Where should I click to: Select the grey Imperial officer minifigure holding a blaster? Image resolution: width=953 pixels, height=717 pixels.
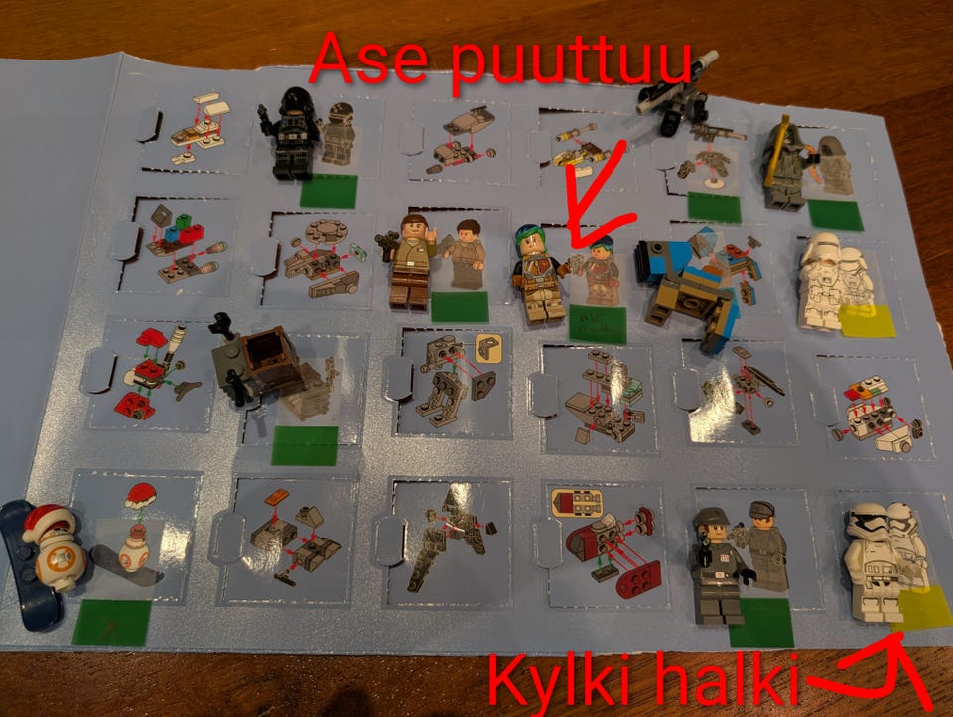point(717,565)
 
